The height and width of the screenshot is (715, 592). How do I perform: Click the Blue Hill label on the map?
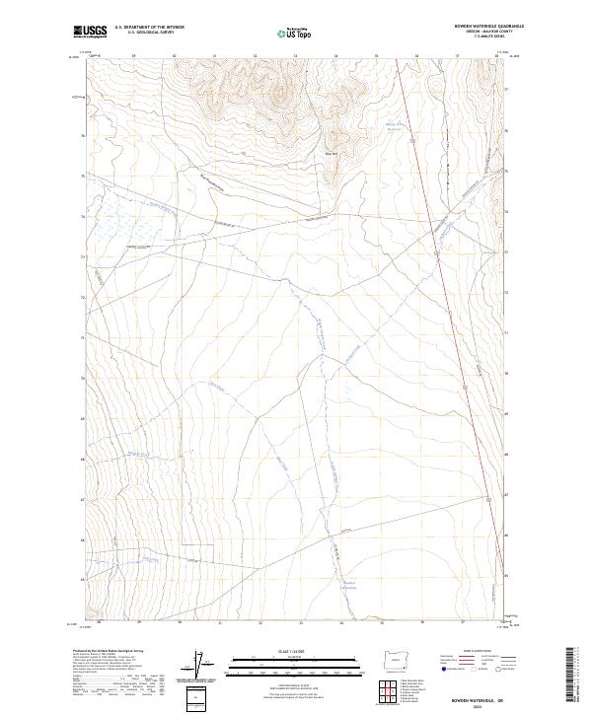coord(333,153)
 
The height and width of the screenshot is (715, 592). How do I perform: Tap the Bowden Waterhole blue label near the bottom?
coord(348,584)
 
